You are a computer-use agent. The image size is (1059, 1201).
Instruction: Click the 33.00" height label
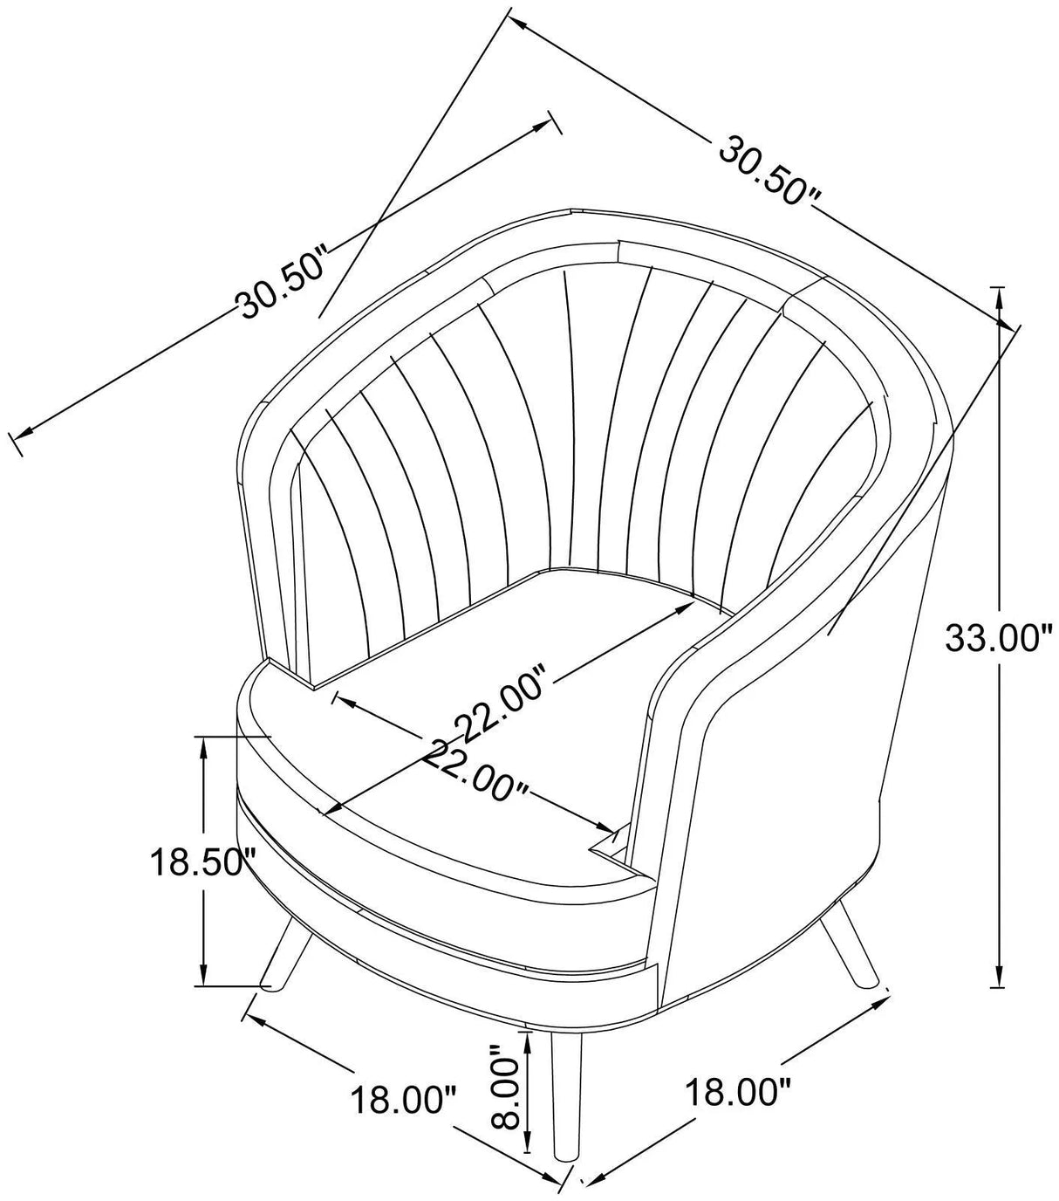tap(994, 636)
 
